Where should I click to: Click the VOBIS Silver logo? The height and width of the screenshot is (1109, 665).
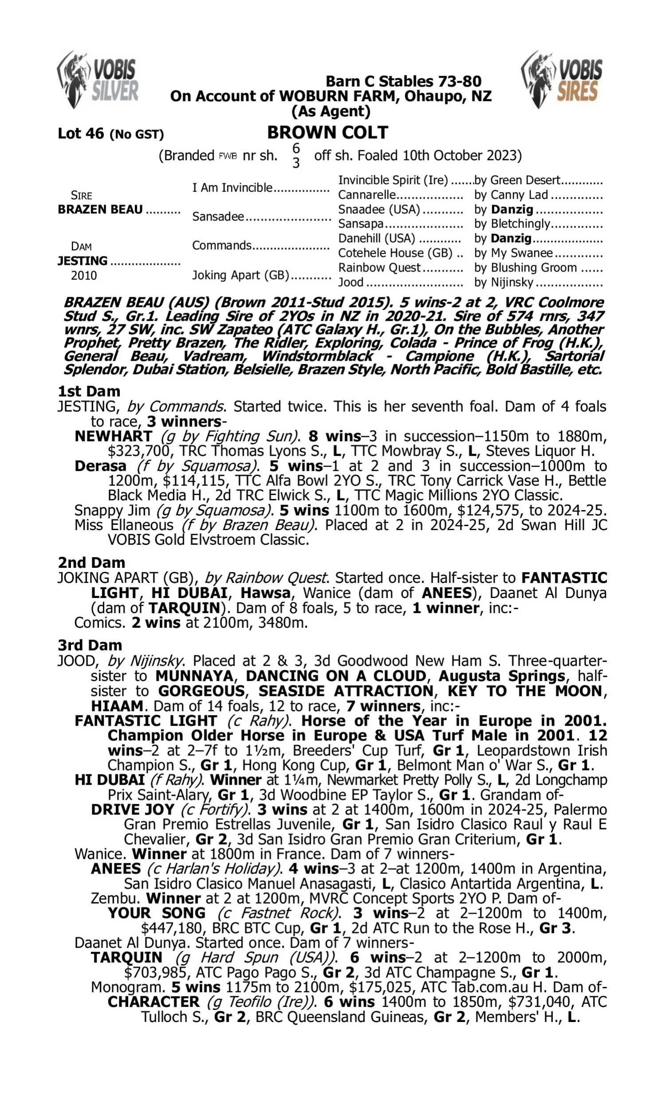point(98,80)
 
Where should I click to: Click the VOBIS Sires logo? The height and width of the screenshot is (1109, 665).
point(562,80)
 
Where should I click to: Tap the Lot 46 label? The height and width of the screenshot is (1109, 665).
point(81,134)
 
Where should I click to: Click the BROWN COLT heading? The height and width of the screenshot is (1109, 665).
point(328,133)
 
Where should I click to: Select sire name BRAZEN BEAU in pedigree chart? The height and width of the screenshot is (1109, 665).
point(100,209)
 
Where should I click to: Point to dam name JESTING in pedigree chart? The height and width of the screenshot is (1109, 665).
point(82,261)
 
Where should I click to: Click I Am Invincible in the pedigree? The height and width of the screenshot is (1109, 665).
point(232,187)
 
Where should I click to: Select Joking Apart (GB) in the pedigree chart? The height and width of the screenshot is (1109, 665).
point(241,275)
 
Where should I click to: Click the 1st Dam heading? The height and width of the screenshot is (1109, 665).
point(89,391)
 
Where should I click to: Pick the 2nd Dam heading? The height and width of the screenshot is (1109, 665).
point(91,562)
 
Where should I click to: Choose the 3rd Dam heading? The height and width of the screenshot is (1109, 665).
point(90,645)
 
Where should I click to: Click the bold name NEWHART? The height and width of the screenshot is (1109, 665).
point(113,436)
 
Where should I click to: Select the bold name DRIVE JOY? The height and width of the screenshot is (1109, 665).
point(132,810)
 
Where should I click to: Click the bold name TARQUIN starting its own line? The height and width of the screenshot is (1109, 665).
point(126,957)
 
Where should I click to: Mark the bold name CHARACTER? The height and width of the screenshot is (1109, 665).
point(153,1002)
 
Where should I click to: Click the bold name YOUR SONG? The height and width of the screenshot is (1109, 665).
point(156,913)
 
